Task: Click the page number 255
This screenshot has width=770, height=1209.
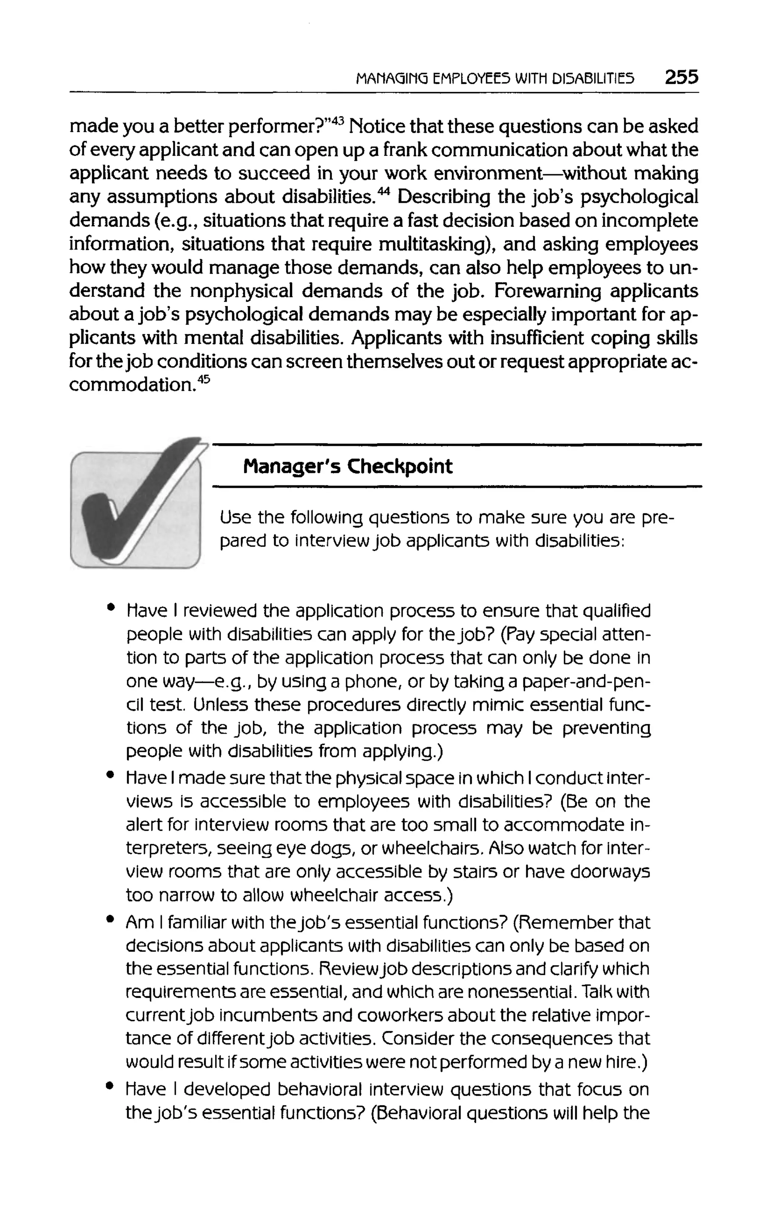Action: pos(681,78)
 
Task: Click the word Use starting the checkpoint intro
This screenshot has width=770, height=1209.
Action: pos(235,517)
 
